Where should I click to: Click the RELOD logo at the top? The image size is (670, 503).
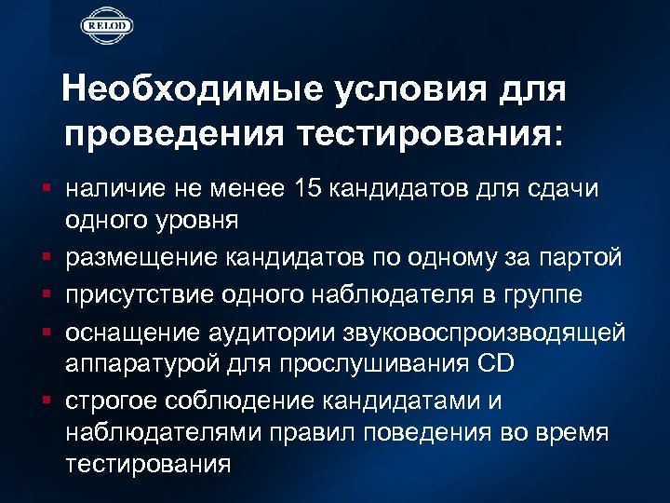tap(106, 24)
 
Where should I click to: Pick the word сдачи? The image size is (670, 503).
tap(574, 189)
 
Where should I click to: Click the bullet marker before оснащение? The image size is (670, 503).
tap(47, 332)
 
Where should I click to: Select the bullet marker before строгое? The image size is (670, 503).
tap(47, 400)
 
